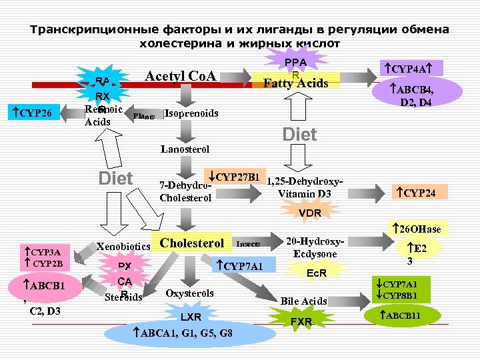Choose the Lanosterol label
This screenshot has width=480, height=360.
[x=185, y=149]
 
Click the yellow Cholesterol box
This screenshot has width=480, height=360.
[x=193, y=243]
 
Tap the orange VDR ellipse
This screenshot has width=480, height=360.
[x=310, y=213]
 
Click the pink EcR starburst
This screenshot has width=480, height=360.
[x=316, y=273]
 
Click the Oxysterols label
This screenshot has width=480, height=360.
[x=190, y=293]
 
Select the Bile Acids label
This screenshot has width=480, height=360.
[x=304, y=301]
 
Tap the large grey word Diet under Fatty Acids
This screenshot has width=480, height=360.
[x=299, y=135]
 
